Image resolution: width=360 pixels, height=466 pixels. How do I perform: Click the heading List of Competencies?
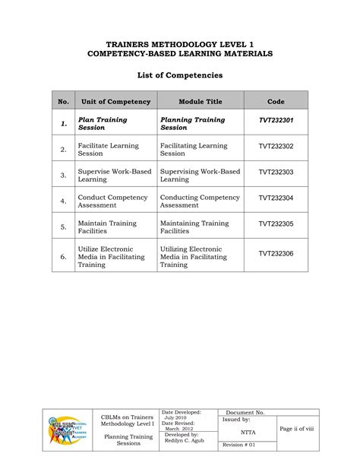click(x=180, y=76)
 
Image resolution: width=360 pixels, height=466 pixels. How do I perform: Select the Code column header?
click(x=276, y=101)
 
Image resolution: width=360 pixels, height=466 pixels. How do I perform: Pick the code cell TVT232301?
click(x=276, y=121)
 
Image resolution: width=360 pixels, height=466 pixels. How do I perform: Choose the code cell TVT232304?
click(x=276, y=198)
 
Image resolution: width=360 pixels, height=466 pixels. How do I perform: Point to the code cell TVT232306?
click(x=276, y=254)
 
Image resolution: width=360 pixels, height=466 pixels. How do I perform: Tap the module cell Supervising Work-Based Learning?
click(x=200, y=175)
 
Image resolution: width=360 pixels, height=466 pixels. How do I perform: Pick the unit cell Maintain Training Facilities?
click(x=107, y=227)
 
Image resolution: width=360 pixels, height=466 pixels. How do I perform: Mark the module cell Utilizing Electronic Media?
click(x=194, y=257)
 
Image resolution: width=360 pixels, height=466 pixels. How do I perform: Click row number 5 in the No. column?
click(x=63, y=227)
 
